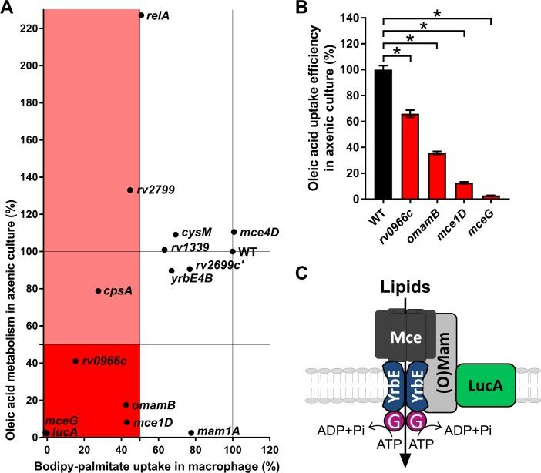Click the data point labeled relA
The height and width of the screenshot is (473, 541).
point(141,15)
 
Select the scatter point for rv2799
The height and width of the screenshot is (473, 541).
point(130,190)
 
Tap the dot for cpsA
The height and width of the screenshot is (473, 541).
point(98,291)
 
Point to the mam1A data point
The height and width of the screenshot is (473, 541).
point(191,433)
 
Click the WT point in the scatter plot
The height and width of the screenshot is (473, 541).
point(233,251)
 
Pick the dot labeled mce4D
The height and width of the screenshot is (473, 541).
point(234,232)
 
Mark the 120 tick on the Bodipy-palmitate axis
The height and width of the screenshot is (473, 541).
point(269,449)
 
